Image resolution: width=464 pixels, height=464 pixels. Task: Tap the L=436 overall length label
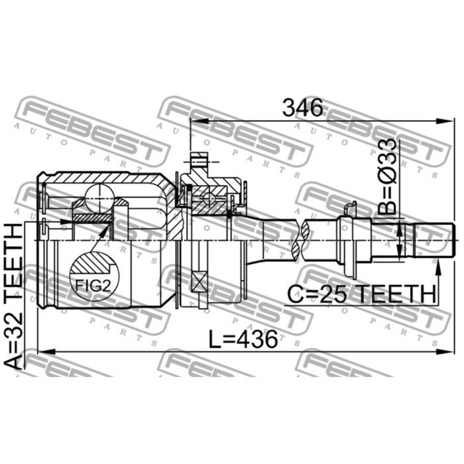(x=243, y=339)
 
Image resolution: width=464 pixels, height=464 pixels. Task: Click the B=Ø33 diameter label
(x=389, y=178)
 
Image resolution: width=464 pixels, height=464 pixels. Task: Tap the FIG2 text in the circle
(x=93, y=287)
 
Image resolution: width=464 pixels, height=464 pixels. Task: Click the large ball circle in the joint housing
(x=97, y=193)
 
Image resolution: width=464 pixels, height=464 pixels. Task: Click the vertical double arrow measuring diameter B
(x=399, y=239)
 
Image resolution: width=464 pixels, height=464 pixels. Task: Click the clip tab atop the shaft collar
(x=347, y=209)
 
